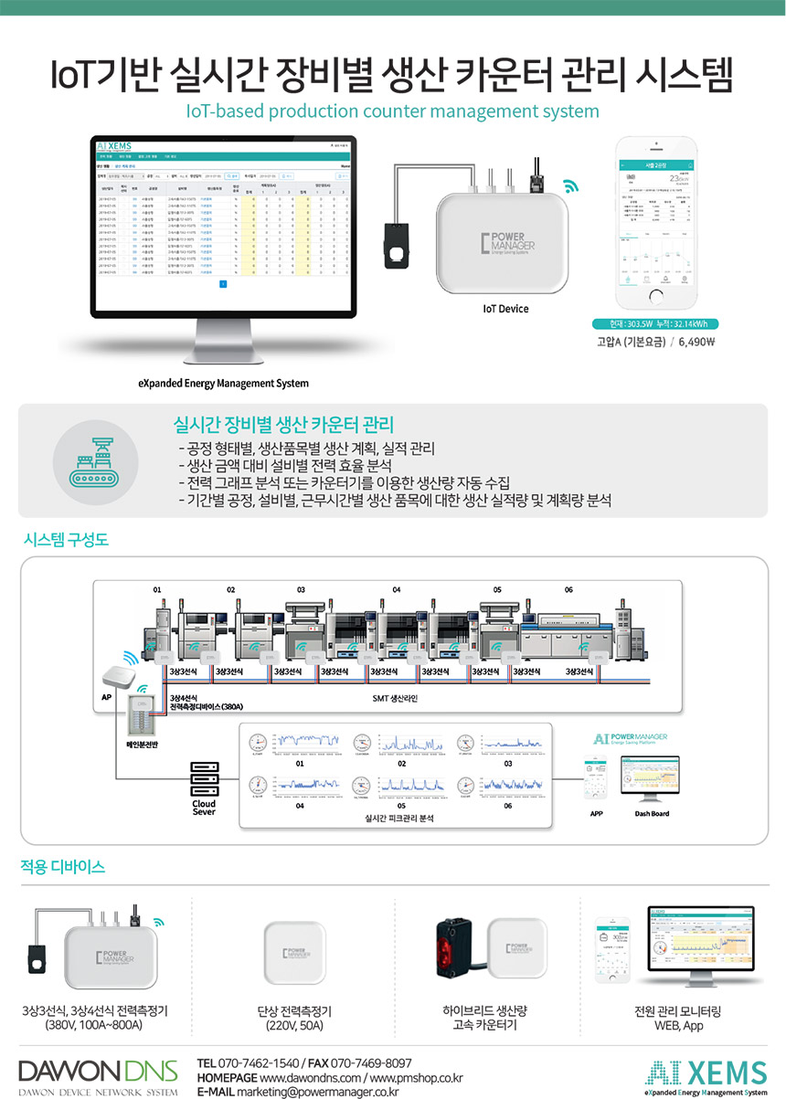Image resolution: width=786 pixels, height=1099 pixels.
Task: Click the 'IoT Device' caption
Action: click(x=505, y=309)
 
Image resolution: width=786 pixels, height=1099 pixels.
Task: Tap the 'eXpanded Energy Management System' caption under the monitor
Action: click(x=223, y=383)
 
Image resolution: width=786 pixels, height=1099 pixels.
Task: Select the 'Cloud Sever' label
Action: click(x=204, y=808)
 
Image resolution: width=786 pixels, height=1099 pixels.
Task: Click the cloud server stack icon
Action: click(x=204, y=778)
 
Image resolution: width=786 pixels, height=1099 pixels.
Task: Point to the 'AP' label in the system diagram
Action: click(x=106, y=696)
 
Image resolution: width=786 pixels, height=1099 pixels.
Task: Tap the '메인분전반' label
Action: click(x=142, y=745)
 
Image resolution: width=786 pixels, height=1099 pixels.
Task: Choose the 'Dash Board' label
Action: click(x=652, y=812)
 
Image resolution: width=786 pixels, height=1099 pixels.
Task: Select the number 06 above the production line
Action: click(x=568, y=590)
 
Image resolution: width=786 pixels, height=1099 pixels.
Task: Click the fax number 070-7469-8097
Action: click(x=369, y=1063)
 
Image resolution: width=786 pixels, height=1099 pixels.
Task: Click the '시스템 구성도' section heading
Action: click(x=65, y=540)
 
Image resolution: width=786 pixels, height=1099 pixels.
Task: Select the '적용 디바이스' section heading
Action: click(x=62, y=865)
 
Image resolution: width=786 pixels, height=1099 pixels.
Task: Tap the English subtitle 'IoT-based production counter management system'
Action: click(x=392, y=111)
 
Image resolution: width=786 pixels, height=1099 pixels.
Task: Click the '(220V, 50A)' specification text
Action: click(x=294, y=1026)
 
